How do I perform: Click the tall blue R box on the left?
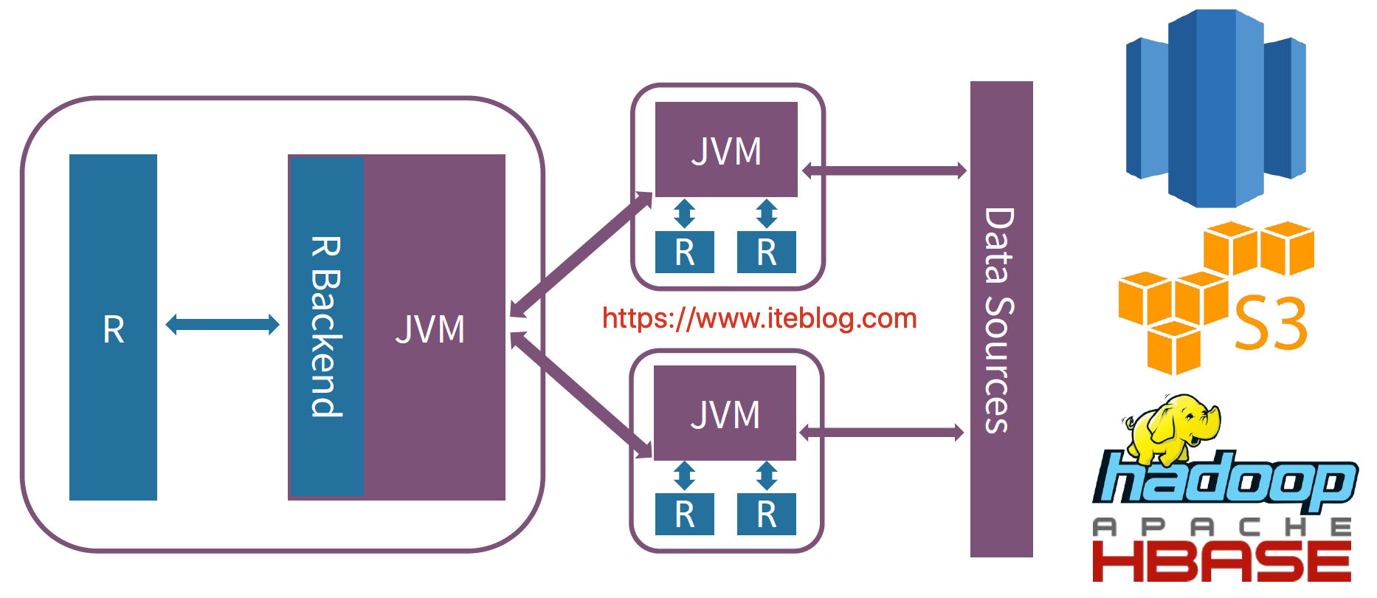coord(113,327)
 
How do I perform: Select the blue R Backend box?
coord(326,327)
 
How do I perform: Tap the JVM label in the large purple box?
coord(430,329)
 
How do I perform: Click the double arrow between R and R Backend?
coord(222,324)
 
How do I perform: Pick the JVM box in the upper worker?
coord(726,150)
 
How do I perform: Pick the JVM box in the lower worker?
coord(725,413)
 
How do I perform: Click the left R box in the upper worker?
coord(684,252)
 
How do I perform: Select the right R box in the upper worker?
coord(766,252)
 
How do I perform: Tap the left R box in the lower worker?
coord(684,515)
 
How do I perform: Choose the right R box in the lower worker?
coord(766,515)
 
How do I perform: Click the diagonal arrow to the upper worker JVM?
coord(581,255)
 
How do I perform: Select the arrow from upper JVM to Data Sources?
coord(884,171)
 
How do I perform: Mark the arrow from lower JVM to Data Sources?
coord(882,433)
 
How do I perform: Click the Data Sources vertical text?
coord(1000,320)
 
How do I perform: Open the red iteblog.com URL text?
coord(759,318)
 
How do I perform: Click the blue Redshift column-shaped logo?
coord(1215,109)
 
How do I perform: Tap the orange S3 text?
coord(1271,323)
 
